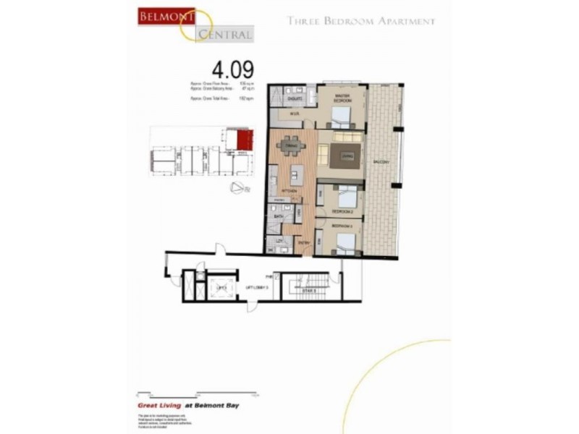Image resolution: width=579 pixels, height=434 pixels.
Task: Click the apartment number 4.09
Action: pyautogui.click(x=232, y=70)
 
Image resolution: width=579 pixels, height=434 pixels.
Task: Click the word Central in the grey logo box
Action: pyautogui.click(x=224, y=33)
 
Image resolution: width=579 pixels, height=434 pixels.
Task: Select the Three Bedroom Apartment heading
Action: pyautogui.click(x=361, y=21)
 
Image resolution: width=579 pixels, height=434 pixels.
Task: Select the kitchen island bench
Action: pyautogui.click(x=296, y=176)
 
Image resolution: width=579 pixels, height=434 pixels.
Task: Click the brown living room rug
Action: pyautogui.click(x=347, y=155)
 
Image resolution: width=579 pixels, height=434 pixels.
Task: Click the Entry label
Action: pyautogui.click(x=305, y=244)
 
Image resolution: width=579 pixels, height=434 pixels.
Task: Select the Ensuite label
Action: pyautogui.click(x=295, y=96)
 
